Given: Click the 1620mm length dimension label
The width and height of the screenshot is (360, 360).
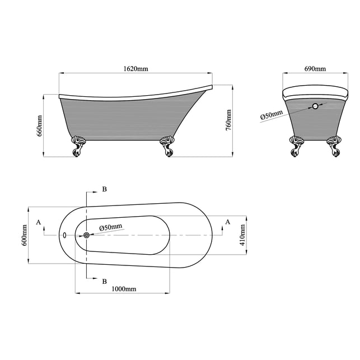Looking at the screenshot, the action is tap(135, 69).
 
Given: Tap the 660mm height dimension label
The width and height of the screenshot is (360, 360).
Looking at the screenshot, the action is tap(40, 126).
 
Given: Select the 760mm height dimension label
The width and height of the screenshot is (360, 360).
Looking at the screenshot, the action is tap(228, 120).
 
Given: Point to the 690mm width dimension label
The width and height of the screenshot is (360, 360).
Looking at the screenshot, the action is tap(315, 69).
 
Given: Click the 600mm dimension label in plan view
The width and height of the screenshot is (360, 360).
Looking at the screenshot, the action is tap(24, 235).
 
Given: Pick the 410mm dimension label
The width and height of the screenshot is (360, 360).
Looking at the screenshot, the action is tap(242, 235).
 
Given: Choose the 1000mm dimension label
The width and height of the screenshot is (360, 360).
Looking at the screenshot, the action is tap(124, 289).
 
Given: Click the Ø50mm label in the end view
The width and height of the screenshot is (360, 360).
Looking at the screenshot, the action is tap(272, 115).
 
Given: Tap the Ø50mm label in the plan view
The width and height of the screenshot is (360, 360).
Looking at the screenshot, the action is tap(111, 227).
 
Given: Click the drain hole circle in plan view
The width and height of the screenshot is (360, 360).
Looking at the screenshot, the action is tap(87, 235).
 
